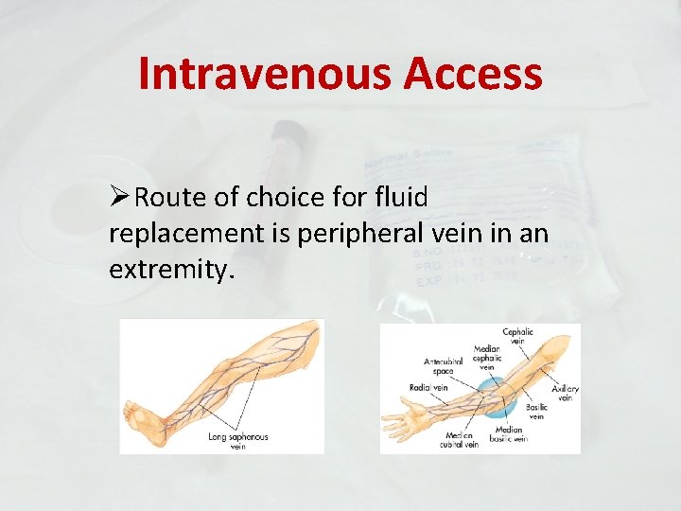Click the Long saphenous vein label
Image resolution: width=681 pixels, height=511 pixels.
(x=237, y=441)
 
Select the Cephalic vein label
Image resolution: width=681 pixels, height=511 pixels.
(x=517, y=336)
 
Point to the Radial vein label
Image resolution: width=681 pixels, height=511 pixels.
(x=428, y=386)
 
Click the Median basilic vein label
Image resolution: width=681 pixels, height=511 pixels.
(x=509, y=433)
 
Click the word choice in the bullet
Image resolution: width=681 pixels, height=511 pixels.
(x=279, y=198)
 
